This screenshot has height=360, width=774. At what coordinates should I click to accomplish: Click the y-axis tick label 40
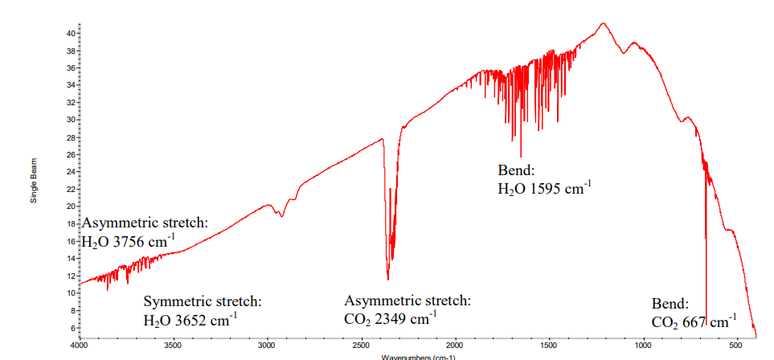click(x=70, y=33)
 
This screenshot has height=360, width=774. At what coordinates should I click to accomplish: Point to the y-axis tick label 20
click(x=70, y=206)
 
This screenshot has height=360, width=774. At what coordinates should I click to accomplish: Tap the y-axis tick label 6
click(x=72, y=327)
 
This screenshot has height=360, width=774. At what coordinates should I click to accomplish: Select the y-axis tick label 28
click(x=70, y=137)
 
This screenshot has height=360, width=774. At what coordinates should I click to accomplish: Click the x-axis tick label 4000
click(x=79, y=345)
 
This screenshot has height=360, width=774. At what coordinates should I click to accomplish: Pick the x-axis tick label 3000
click(x=267, y=345)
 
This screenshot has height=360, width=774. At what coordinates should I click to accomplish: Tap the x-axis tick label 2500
click(x=361, y=345)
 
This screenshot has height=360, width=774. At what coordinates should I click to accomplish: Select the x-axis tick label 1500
click(x=549, y=345)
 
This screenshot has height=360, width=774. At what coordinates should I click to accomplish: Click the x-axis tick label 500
click(x=736, y=345)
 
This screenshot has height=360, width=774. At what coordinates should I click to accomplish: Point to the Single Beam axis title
click(x=34, y=180)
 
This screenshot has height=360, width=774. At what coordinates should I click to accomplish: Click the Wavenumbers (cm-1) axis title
click(x=418, y=356)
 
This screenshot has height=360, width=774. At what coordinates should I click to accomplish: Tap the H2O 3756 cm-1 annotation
click(x=129, y=241)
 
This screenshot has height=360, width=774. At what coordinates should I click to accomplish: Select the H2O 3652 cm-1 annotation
click(x=190, y=320)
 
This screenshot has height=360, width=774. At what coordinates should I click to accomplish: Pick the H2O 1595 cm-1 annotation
click(x=545, y=190)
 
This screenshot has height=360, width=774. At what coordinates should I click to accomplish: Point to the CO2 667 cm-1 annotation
click(x=694, y=322)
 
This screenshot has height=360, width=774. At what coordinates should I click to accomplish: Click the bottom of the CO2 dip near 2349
click(x=388, y=279)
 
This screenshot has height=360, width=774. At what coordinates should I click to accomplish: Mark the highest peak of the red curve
click(x=603, y=23)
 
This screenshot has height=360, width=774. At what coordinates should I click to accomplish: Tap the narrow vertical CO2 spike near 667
click(x=706, y=265)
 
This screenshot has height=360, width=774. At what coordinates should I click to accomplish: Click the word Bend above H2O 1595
click(x=516, y=171)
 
